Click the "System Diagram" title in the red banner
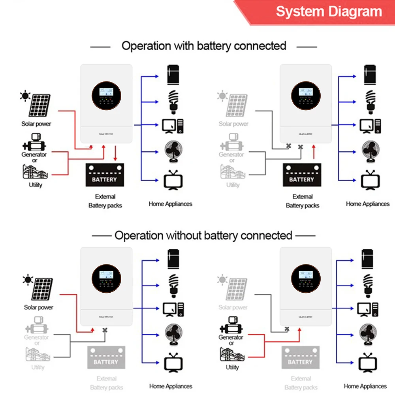329,11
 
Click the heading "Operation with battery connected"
204,46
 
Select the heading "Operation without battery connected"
203,236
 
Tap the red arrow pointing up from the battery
314,152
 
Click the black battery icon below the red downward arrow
105,175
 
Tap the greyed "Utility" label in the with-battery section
233,185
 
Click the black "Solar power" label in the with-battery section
36,124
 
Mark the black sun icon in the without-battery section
28,280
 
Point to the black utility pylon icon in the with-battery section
36,172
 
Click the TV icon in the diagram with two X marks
370,180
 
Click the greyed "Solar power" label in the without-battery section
233,307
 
